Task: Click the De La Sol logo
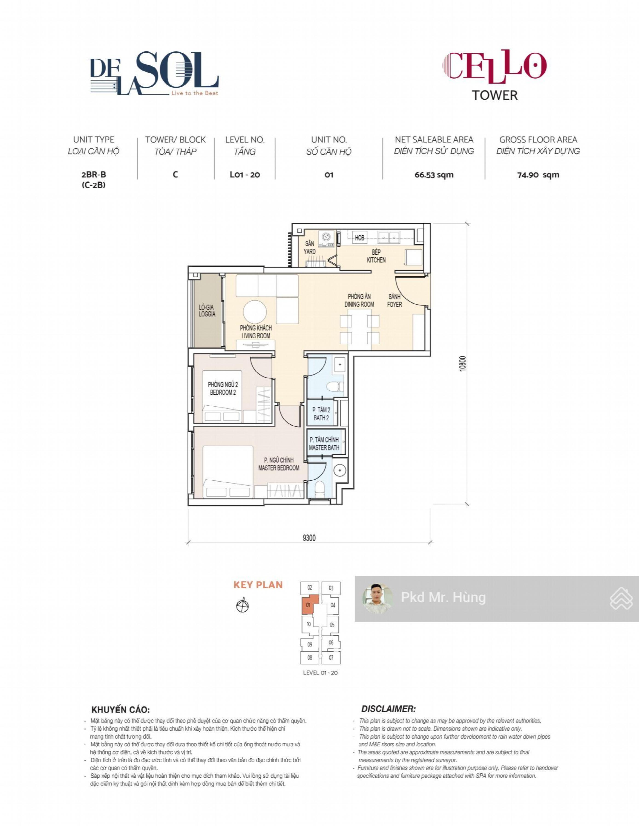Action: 154,73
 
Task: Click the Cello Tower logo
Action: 494,75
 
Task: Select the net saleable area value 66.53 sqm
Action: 434,175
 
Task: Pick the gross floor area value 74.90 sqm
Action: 538,175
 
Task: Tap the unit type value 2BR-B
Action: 93,174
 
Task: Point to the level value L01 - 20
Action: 245,175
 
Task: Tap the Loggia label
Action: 207,310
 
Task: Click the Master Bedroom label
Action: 279,464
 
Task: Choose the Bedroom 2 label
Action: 223,388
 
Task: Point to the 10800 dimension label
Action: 462,363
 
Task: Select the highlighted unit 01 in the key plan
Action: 308,605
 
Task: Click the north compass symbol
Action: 242,606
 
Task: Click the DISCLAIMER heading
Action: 389,709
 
